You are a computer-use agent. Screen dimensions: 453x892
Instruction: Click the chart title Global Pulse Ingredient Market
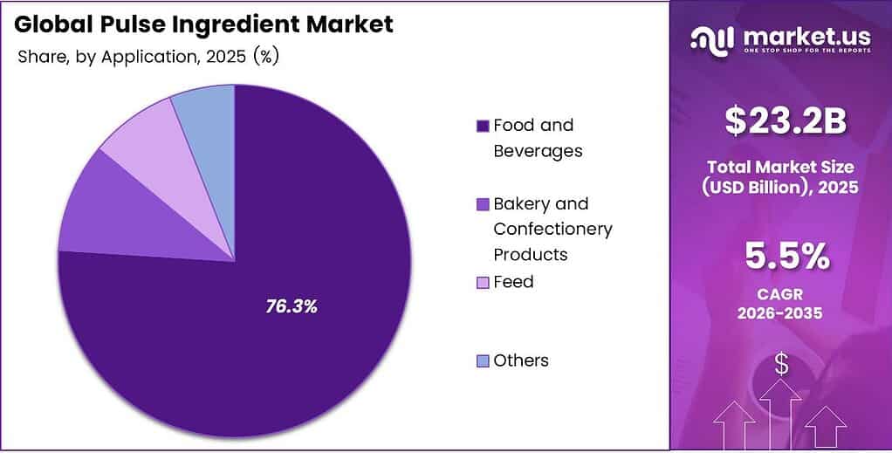pyautogui.click(x=203, y=24)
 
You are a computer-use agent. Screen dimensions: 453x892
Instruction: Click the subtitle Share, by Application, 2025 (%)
pyautogui.click(x=148, y=57)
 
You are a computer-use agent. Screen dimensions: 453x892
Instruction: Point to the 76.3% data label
pyautogui.click(x=292, y=306)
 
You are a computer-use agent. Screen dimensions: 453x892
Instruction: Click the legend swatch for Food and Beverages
pyautogui.click(x=483, y=126)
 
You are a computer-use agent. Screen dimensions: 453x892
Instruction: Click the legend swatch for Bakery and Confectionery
pyautogui.click(x=483, y=204)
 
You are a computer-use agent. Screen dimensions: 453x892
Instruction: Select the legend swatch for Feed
pyautogui.click(x=483, y=283)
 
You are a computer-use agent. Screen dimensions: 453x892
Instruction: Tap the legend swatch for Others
pyautogui.click(x=483, y=361)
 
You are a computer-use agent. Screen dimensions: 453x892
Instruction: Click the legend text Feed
pyautogui.click(x=513, y=282)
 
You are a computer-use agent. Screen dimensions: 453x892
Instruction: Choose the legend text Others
pyautogui.click(x=521, y=360)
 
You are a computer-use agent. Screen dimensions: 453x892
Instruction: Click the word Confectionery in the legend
pyautogui.click(x=553, y=229)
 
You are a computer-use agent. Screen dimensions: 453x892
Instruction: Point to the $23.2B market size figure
pyautogui.click(x=786, y=123)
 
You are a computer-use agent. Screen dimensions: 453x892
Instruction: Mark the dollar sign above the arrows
pyautogui.click(x=781, y=365)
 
